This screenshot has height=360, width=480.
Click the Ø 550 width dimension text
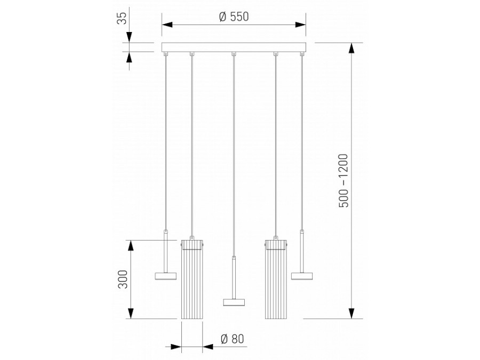[x=234, y=16]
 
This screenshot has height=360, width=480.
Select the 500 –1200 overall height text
[x=343, y=181]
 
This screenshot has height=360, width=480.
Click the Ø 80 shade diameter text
[x=231, y=338]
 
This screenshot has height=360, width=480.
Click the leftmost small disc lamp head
[x=165, y=276]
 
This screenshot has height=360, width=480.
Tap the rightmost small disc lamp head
[x=302, y=276]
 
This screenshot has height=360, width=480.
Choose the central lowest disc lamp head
[x=233, y=302]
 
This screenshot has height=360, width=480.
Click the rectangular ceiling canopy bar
[x=234, y=47]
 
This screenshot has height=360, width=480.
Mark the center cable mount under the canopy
[x=233, y=54]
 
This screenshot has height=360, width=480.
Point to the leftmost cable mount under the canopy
[x=165, y=54]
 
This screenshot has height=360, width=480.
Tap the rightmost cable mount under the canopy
[x=301, y=54]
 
